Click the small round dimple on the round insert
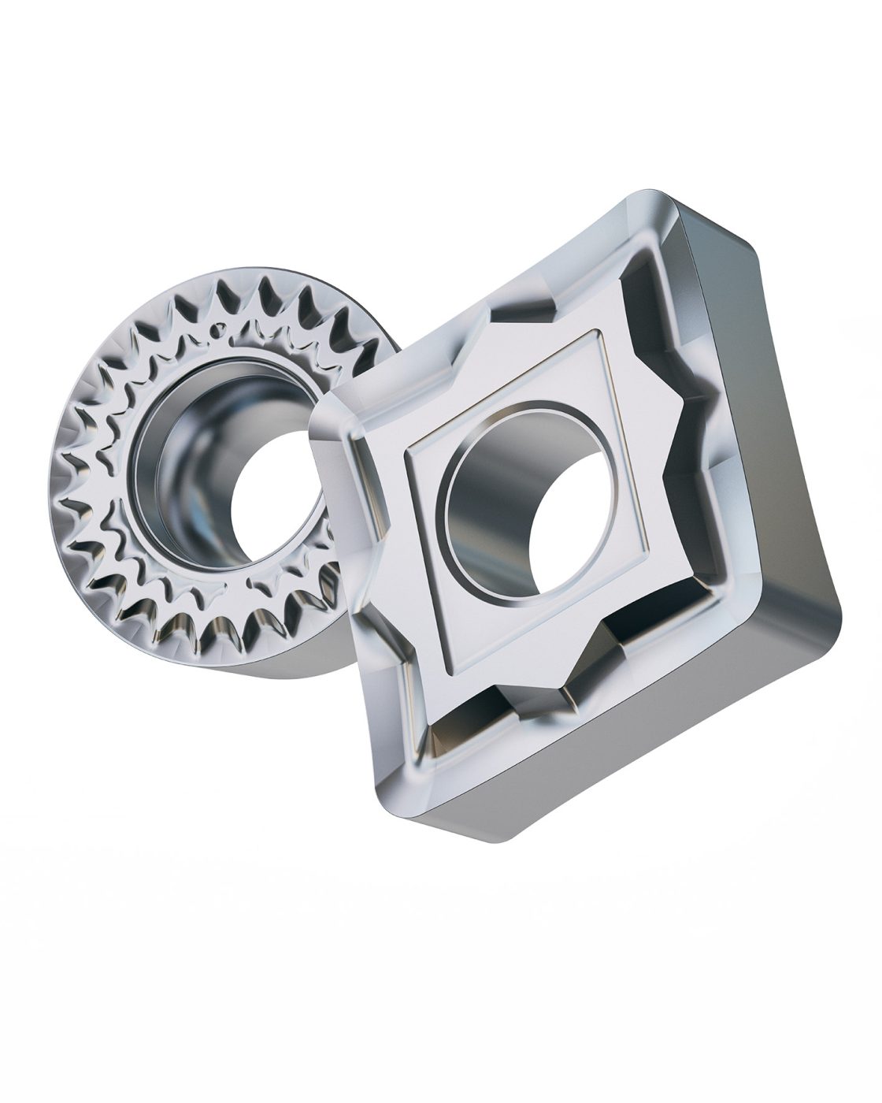point(215,332)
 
